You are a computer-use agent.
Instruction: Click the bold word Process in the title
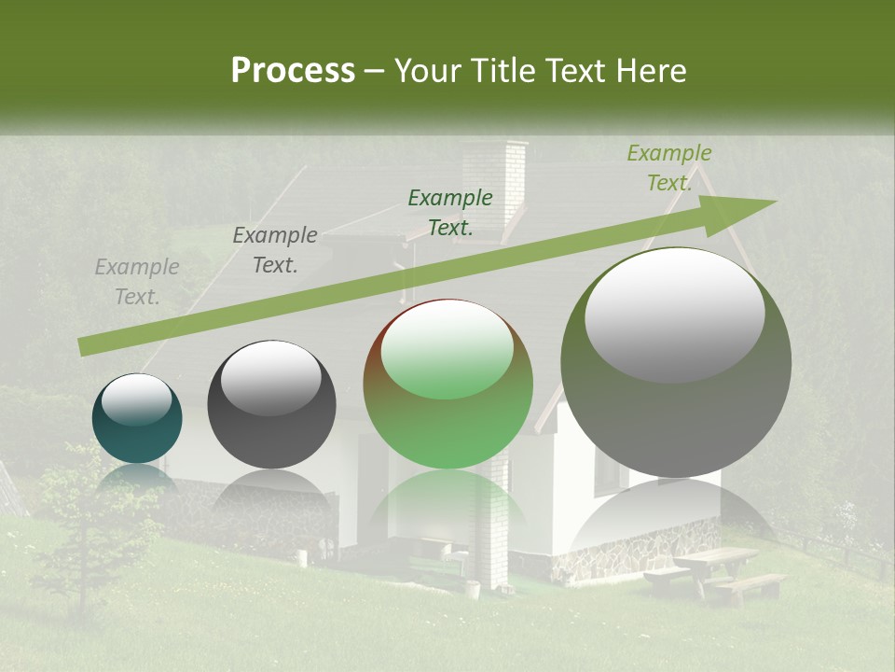tap(293, 71)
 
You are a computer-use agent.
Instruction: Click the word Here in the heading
tap(653, 71)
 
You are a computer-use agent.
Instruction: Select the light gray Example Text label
tap(137, 282)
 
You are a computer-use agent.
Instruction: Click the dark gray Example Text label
tap(275, 250)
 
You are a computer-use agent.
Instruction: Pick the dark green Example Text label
tap(450, 212)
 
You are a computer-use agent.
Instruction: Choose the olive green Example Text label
tap(668, 168)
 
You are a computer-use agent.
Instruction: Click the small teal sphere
tap(137, 418)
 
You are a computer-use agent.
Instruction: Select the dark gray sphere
tap(271, 404)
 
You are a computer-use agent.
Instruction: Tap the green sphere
tap(447, 385)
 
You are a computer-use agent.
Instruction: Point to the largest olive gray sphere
tap(676, 362)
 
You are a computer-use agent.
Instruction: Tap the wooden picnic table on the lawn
tap(713, 568)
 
